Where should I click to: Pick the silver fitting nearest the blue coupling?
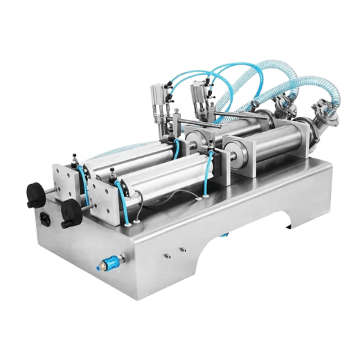pos(167,256)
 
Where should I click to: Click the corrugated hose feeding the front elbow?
pos(317,85)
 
